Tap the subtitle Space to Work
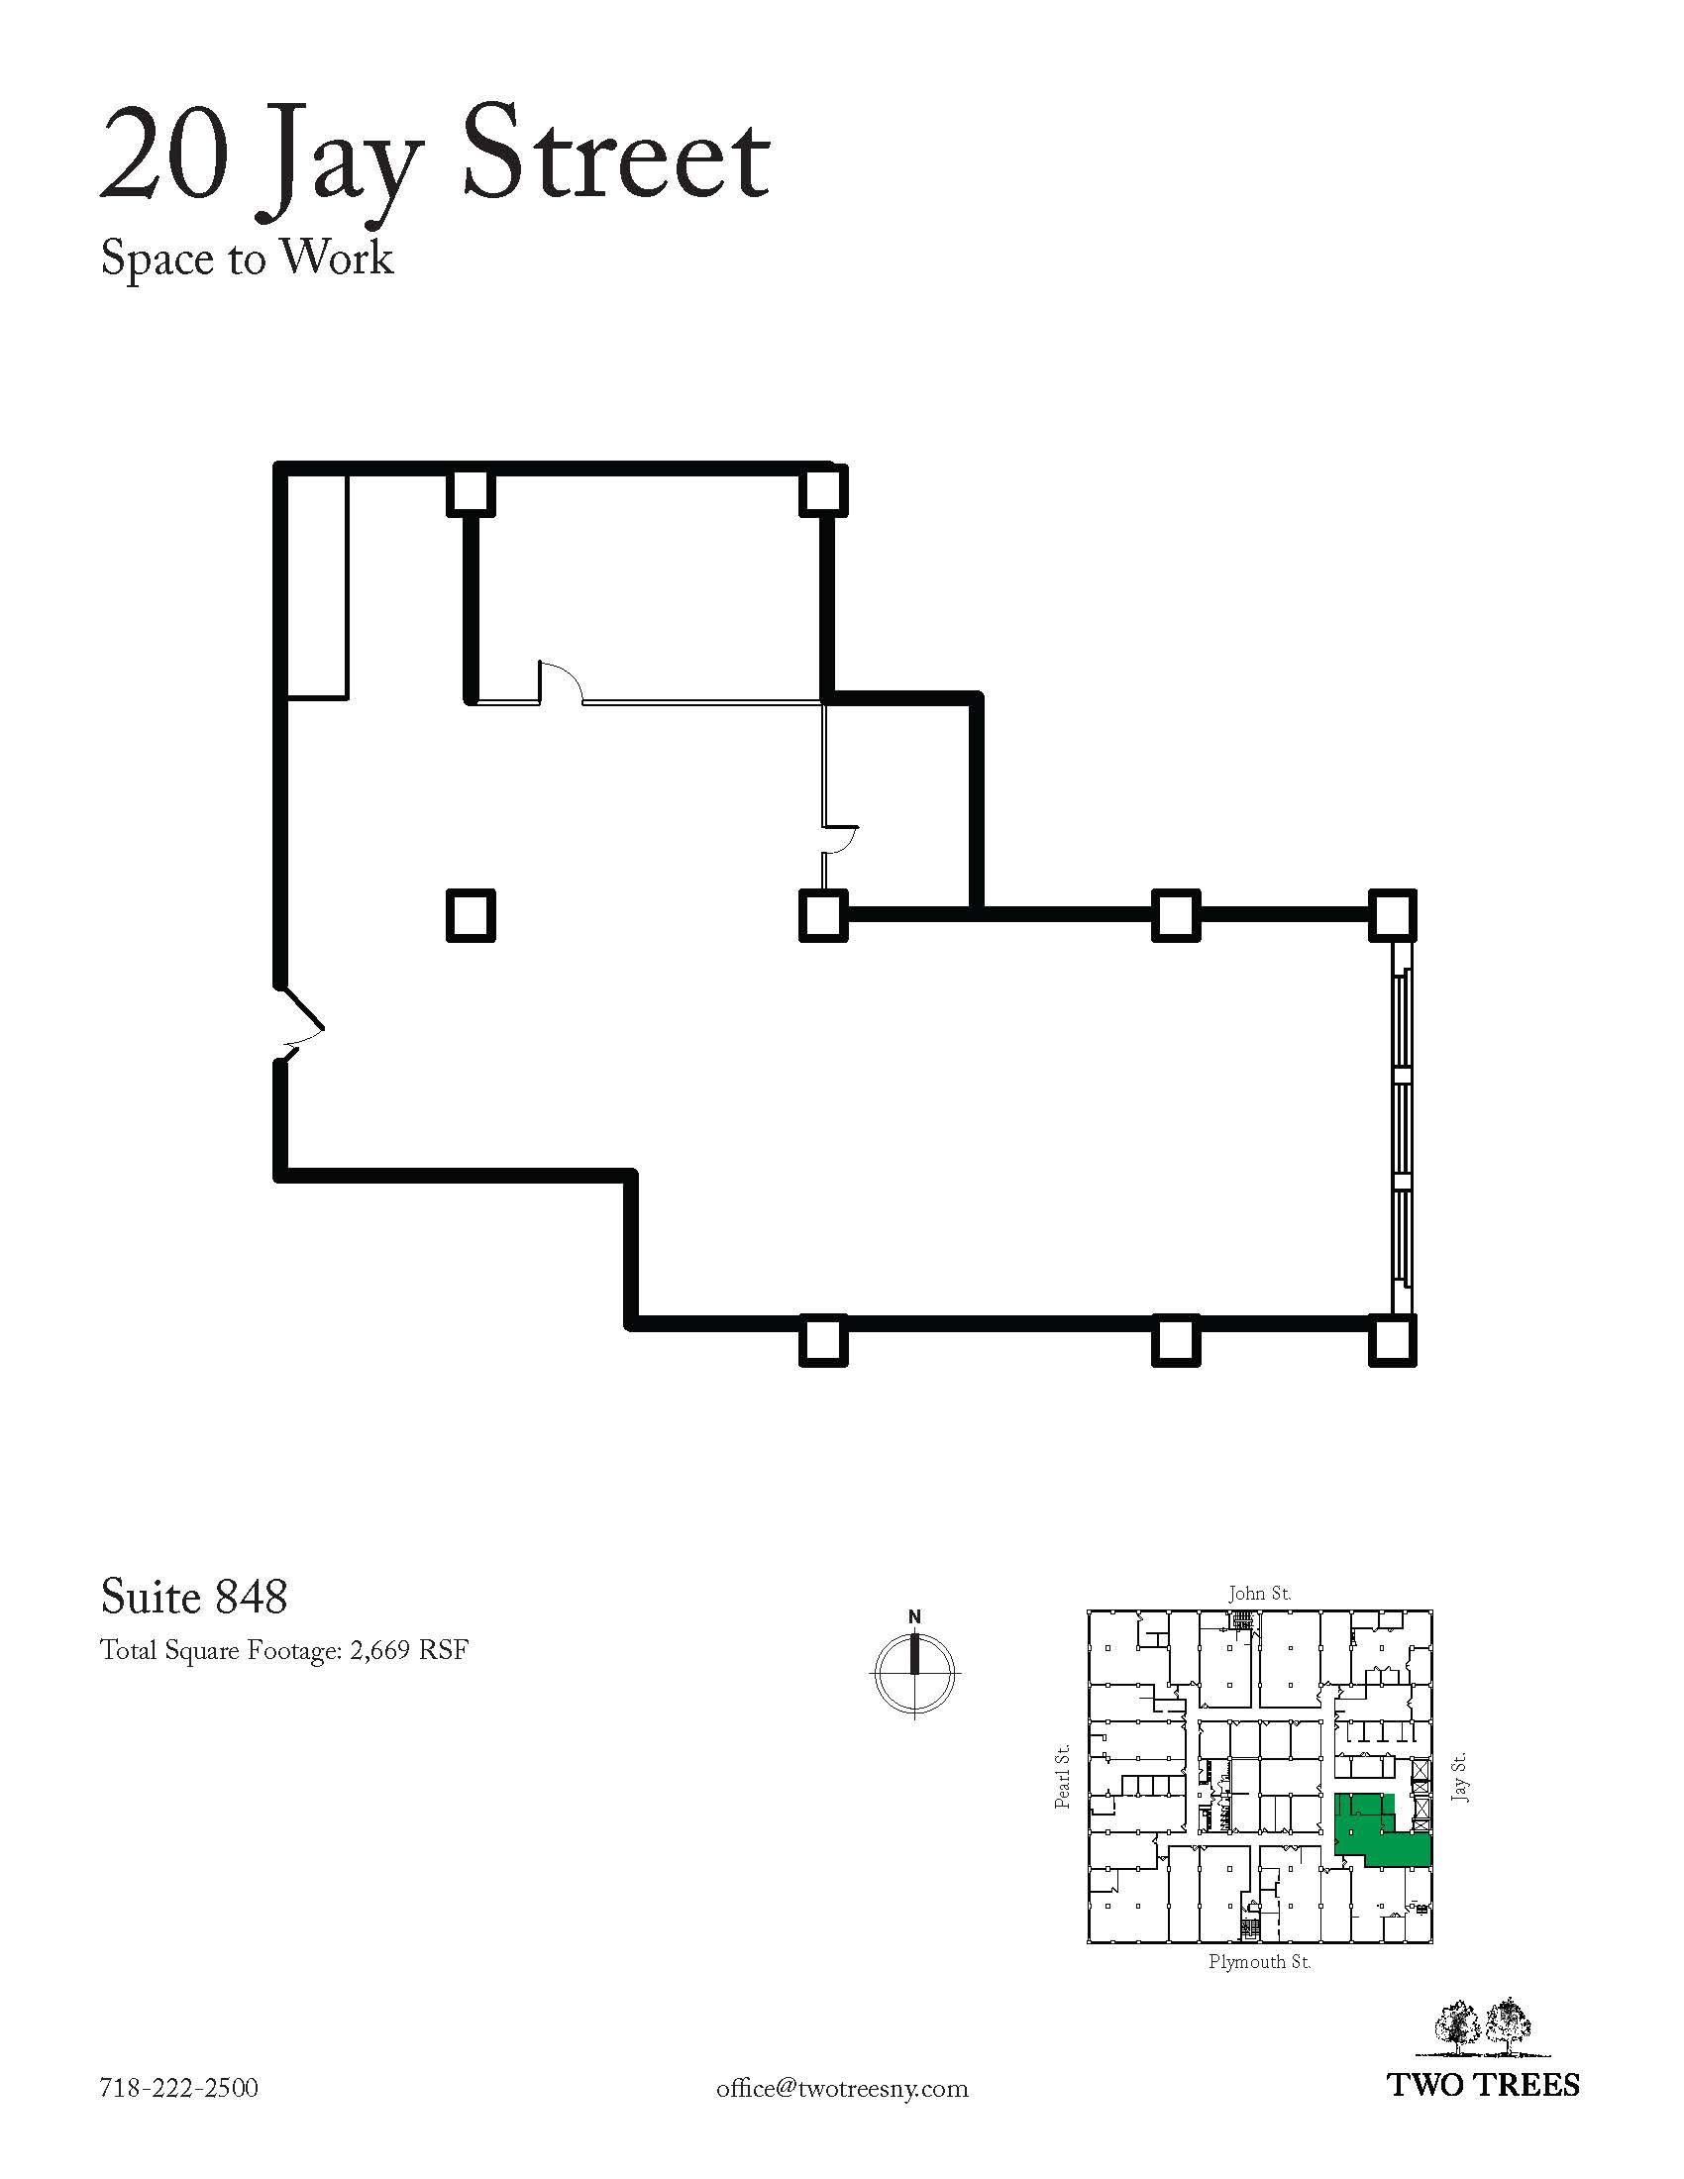click(x=247, y=259)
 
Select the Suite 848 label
click(x=194, y=1597)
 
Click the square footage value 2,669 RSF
click(x=409, y=1651)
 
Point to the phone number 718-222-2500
click(x=179, y=2088)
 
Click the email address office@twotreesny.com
click(x=842, y=2088)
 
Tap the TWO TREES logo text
click(x=1485, y=2085)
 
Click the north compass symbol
click(x=914, y=1670)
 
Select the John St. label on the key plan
click(x=1259, y=1594)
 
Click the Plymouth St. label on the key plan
click(x=1259, y=1961)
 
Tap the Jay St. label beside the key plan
click(x=1459, y=1777)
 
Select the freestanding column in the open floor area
click(x=470, y=915)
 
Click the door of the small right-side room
click(x=840, y=840)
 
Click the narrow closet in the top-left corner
click(x=317, y=586)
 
